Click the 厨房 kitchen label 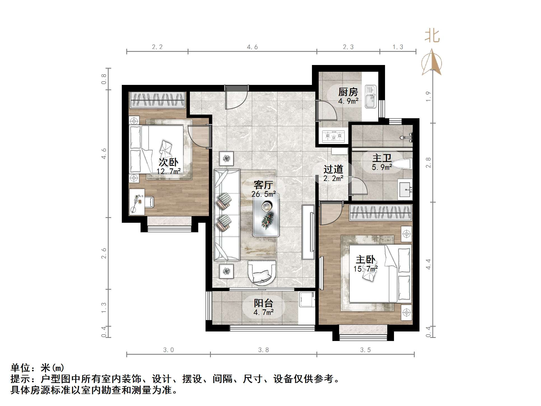pyautogui.click(x=348, y=92)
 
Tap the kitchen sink pyautogui.click(x=370, y=97)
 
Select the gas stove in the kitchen pyautogui.click(x=333, y=136)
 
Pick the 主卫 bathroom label pyautogui.click(x=382, y=158)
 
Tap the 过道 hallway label pyautogui.click(x=333, y=169)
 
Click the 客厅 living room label pyautogui.click(x=263, y=185)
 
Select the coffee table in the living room pyautogui.click(x=266, y=215)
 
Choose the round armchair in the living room pyautogui.click(x=262, y=273)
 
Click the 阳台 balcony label pyautogui.click(x=263, y=303)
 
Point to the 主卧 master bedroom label pyautogui.click(x=365, y=259)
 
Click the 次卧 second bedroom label pyautogui.click(x=169, y=162)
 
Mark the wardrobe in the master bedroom pyautogui.click(x=381, y=212)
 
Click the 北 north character pyautogui.click(x=432, y=36)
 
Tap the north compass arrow pyautogui.click(x=432, y=62)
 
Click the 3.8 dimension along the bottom pyautogui.click(x=263, y=350)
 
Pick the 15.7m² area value pyautogui.click(x=365, y=269)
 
